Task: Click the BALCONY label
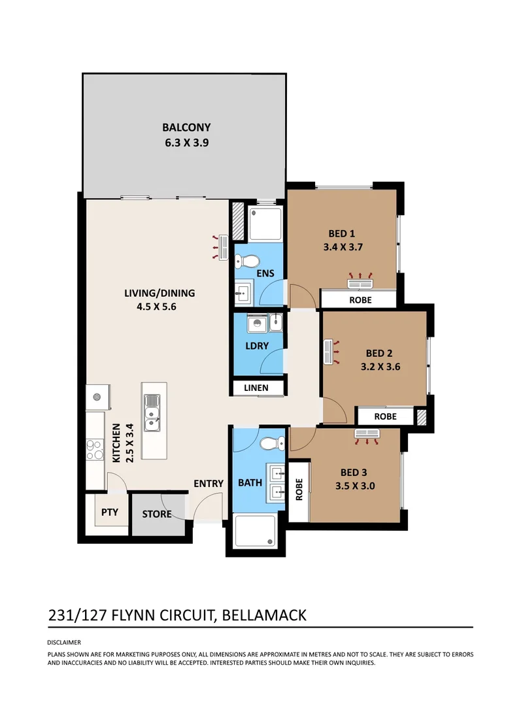click(x=186, y=127)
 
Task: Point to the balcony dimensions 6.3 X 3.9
click(x=186, y=141)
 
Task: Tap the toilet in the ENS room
click(x=246, y=260)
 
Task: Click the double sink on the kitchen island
click(x=154, y=414)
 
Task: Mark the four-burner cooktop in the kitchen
click(x=94, y=448)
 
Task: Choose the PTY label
click(x=109, y=512)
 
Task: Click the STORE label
click(x=157, y=514)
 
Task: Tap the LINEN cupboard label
click(x=256, y=388)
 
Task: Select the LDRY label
click(x=258, y=346)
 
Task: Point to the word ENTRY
click(x=208, y=484)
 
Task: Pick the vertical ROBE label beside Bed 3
click(x=299, y=490)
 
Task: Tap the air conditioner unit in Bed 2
click(x=329, y=352)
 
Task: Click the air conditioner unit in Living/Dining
click(x=222, y=249)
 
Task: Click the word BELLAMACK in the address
click(x=265, y=615)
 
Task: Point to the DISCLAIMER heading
click(x=64, y=643)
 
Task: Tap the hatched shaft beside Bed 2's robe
click(x=422, y=416)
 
